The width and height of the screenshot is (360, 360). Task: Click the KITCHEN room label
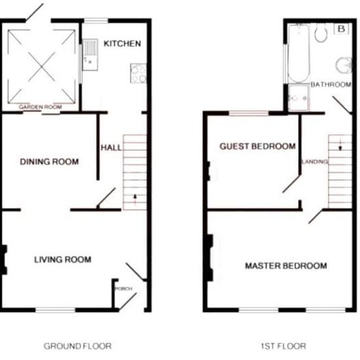[122, 44]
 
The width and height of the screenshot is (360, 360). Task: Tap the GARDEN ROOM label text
[41, 107]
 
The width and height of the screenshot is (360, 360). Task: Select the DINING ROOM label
[49, 162]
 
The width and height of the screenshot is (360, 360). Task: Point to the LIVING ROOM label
[63, 260]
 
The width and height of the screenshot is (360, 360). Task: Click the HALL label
[111, 148]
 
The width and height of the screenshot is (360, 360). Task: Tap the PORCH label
[124, 289]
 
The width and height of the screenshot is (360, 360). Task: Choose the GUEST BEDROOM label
[258, 146]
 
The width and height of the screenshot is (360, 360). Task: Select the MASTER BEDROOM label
[286, 266]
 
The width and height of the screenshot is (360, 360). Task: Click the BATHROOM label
[331, 84]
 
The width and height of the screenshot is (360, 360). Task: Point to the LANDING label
[315, 162]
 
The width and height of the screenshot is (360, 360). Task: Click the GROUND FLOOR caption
[78, 346]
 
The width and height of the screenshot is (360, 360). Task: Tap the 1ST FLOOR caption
[283, 346]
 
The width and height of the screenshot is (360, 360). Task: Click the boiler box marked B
[342, 29]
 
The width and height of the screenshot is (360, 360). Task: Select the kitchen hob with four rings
[139, 73]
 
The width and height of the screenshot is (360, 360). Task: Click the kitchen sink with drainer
[90, 55]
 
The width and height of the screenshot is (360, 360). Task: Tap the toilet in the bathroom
[321, 33]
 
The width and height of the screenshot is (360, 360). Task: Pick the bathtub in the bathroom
[298, 54]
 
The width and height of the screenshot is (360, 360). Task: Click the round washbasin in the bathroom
[344, 65]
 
